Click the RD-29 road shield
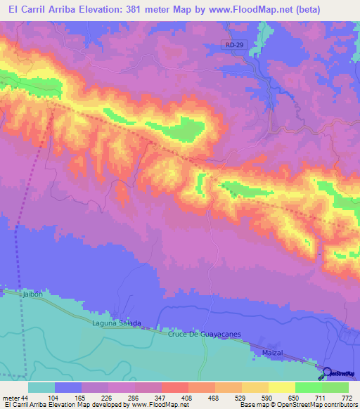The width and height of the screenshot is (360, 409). click(236, 45)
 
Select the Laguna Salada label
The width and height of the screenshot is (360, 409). click(117, 323)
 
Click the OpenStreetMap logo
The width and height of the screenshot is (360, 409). click(340, 374)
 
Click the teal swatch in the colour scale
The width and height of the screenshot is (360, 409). click(41, 387)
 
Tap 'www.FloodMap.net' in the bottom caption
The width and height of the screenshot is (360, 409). click(156, 405)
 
